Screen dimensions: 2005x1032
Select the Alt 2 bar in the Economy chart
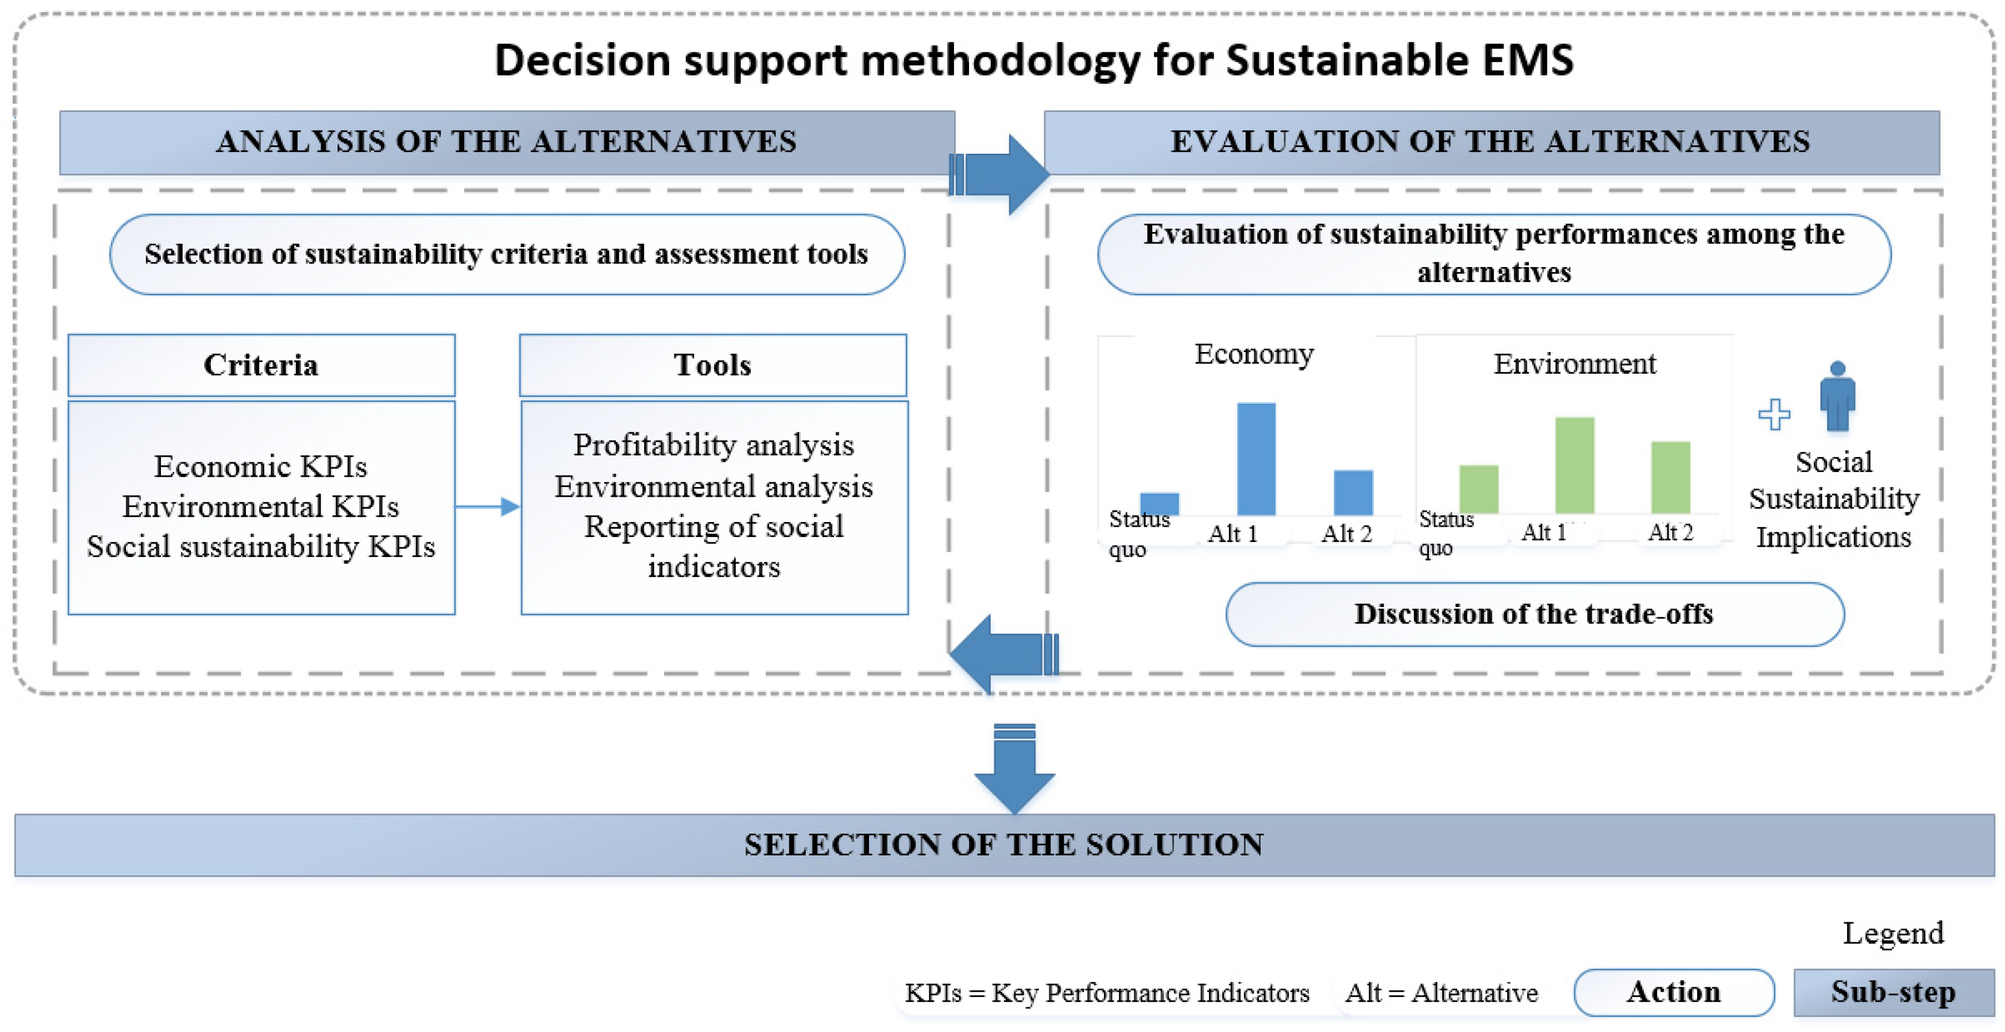[x=1353, y=492]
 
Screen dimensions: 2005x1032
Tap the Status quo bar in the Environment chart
[x=1478, y=489]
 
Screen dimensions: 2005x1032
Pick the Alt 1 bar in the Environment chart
[x=1575, y=465]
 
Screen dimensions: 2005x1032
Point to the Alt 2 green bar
[x=1671, y=476]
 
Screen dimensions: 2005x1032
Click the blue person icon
[x=1837, y=396]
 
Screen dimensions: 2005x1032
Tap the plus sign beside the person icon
[x=1774, y=414]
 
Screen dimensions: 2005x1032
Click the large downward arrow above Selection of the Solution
[x=1014, y=767]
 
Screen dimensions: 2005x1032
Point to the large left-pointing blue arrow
[x=1000, y=654]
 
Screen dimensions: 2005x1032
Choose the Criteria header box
[x=262, y=365]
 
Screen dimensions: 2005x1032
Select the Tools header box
[x=713, y=365]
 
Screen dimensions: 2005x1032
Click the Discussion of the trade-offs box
[x=1534, y=614]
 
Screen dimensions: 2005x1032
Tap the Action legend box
[x=1674, y=992]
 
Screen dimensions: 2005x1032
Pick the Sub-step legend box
[x=1893, y=992]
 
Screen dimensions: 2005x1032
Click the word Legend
[x=1893, y=933]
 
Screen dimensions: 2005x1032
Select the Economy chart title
[x=1254, y=354]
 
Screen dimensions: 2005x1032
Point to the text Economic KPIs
[x=261, y=466]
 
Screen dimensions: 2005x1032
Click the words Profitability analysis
[x=714, y=445]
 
